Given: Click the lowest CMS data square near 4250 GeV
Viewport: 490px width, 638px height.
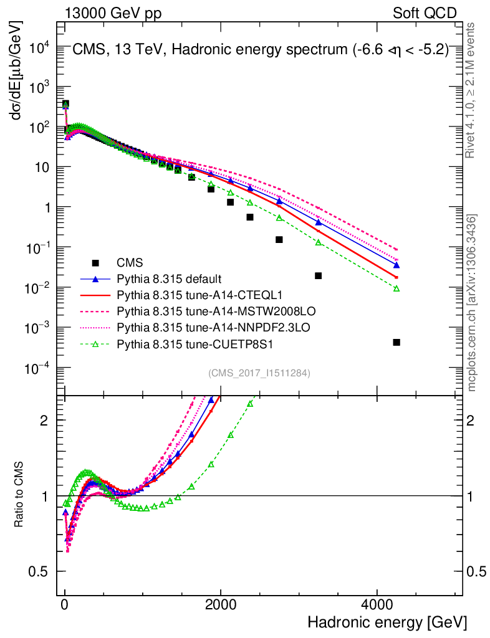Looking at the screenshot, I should pyautogui.click(x=396, y=342).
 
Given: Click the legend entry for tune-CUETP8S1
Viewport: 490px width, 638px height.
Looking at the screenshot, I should pyautogui.click(x=178, y=343).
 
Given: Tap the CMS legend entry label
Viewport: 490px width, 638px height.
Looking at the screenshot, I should pyautogui.click(x=129, y=262).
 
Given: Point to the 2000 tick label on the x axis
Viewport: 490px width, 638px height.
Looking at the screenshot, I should pyautogui.click(x=221, y=604).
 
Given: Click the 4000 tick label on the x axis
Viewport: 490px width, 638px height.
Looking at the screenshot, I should pyautogui.click(x=377, y=604).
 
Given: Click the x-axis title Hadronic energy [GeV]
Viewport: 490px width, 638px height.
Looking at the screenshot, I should pyautogui.click(x=387, y=622).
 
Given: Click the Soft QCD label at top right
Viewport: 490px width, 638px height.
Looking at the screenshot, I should pyautogui.click(x=425, y=12).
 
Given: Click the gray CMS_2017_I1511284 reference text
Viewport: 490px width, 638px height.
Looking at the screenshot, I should pyautogui.click(x=259, y=373).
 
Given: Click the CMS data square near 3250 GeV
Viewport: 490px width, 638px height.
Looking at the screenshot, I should pyautogui.click(x=319, y=275).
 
